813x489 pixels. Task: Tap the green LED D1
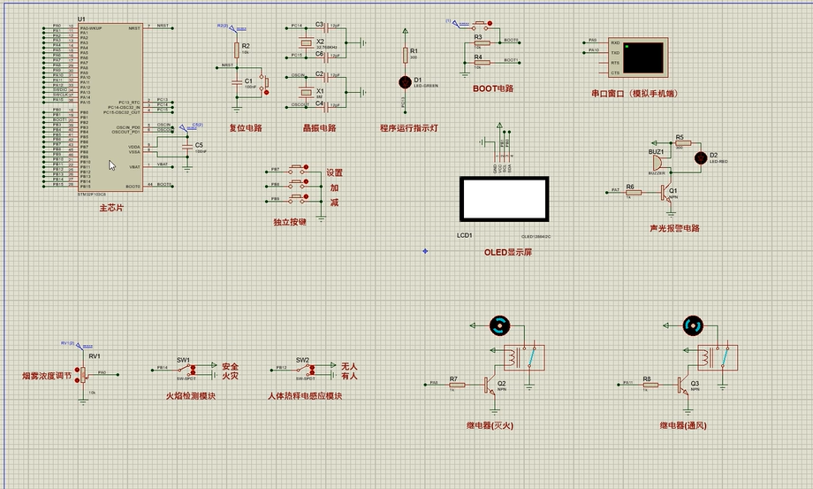coord(406,81)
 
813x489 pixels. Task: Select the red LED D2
coord(701,157)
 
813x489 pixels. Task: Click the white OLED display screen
coord(504,199)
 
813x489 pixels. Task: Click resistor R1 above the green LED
coord(406,55)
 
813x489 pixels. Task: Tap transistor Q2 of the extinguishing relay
coord(490,384)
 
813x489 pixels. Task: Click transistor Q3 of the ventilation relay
coord(684,384)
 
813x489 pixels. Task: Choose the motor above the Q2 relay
coord(499,326)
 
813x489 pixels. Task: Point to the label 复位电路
coord(246,127)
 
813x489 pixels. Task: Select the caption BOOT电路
coord(493,88)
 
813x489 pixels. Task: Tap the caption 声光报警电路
coord(674,227)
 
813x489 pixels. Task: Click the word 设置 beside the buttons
coord(335,173)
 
